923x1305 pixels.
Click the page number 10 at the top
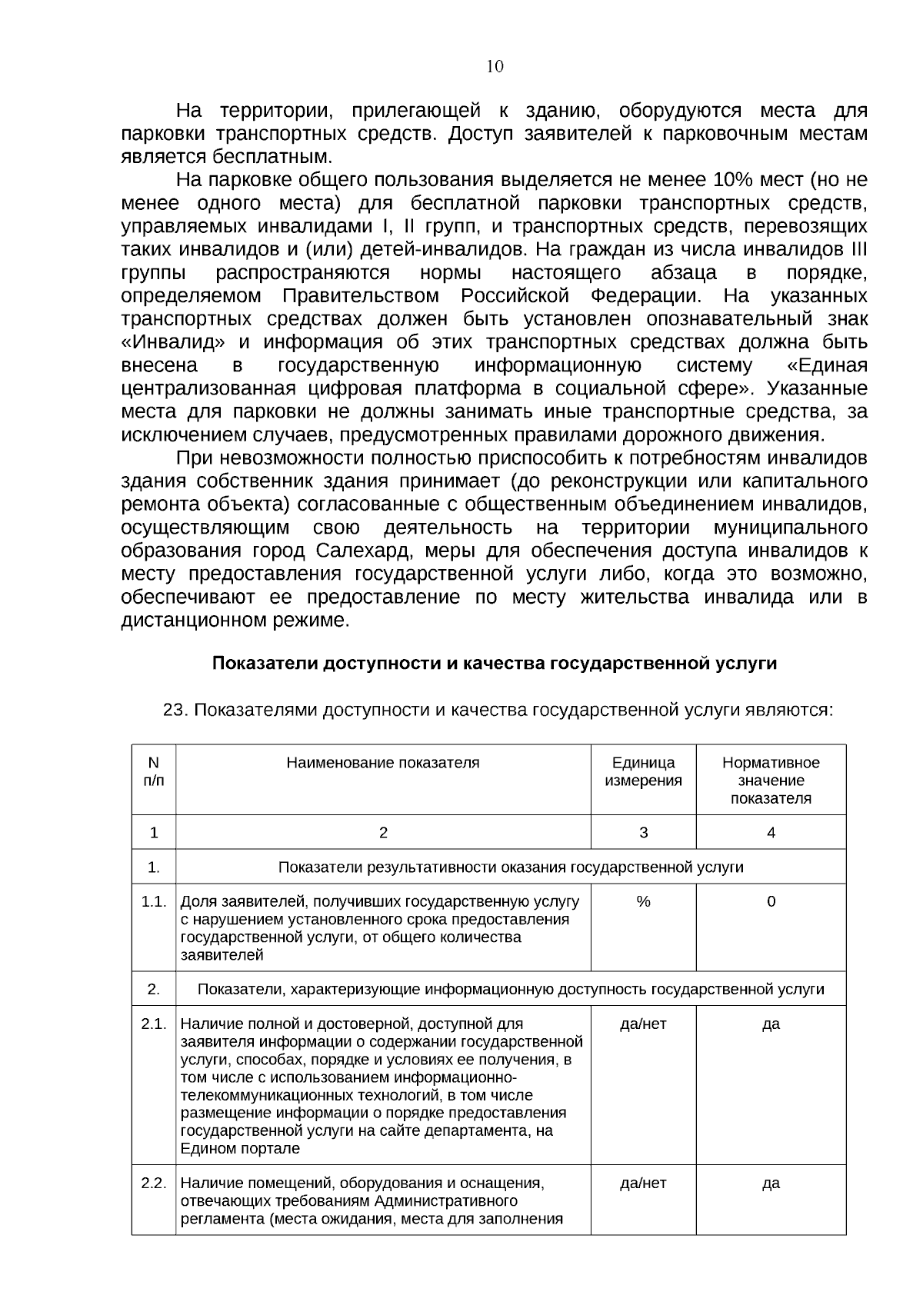pos(495,66)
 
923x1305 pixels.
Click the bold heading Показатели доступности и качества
pos(494,664)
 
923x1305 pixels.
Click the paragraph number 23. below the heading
pos(175,710)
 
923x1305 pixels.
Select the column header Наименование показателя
pos(383,763)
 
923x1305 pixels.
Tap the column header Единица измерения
pos(643,771)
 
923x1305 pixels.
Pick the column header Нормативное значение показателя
pos(771,780)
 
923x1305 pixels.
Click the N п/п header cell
pos(154,771)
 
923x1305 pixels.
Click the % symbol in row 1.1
pos(643,901)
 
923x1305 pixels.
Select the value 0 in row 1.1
pos(771,901)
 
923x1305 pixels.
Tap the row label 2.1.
pos(154,1024)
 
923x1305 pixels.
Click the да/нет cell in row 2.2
pos(643,1183)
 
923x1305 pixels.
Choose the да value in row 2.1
pos(771,1024)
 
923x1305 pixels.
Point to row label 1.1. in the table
pos(154,901)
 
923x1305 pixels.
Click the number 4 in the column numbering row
pos(771,833)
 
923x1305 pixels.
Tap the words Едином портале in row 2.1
pos(240,1149)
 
